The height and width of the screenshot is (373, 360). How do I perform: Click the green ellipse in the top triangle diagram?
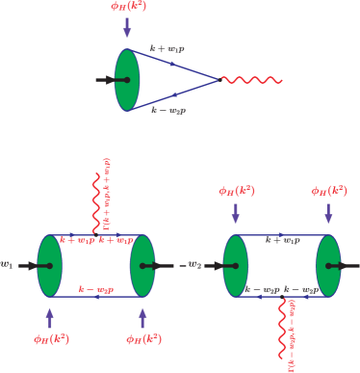[127, 79]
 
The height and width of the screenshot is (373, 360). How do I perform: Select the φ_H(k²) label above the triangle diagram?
[127, 8]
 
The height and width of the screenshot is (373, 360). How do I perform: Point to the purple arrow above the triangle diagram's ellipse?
[127, 29]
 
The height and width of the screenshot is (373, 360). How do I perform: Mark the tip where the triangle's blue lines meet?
[219, 79]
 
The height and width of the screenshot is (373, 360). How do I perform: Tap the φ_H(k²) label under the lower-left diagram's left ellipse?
[50, 338]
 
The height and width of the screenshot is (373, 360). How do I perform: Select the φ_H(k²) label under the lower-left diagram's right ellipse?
[143, 338]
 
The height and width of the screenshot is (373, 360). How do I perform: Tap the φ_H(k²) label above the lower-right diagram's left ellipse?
[236, 191]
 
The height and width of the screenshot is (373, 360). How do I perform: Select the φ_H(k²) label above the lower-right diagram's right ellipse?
[328, 191]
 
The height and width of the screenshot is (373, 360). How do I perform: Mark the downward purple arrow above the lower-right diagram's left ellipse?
[236, 213]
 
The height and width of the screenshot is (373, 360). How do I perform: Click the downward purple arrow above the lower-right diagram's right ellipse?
[328, 213]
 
